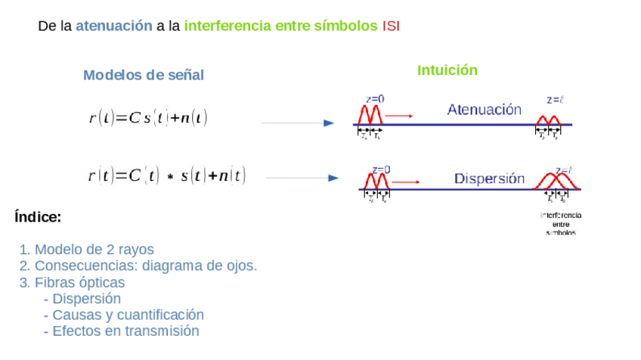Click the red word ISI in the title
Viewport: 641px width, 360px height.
click(x=391, y=26)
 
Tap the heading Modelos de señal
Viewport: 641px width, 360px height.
click(x=144, y=75)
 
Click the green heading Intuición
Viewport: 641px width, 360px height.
click(x=447, y=70)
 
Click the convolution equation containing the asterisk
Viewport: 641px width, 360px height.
click(x=166, y=176)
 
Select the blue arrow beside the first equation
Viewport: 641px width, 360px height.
click(x=296, y=123)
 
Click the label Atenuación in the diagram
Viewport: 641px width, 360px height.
click(x=485, y=110)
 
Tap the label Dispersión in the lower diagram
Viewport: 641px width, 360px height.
click(x=489, y=179)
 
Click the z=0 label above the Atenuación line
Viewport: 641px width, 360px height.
click(x=375, y=98)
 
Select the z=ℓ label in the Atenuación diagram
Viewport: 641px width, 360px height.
click(x=556, y=99)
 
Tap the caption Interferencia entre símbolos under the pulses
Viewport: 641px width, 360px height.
click(x=561, y=224)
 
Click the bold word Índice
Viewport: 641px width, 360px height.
click(x=38, y=218)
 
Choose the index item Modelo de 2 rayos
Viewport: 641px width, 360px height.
click(x=87, y=250)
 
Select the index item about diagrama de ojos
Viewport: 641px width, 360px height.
click(x=138, y=266)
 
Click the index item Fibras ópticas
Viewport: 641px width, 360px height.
click(x=73, y=283)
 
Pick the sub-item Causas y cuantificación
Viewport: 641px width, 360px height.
click(x=124, y=315)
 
